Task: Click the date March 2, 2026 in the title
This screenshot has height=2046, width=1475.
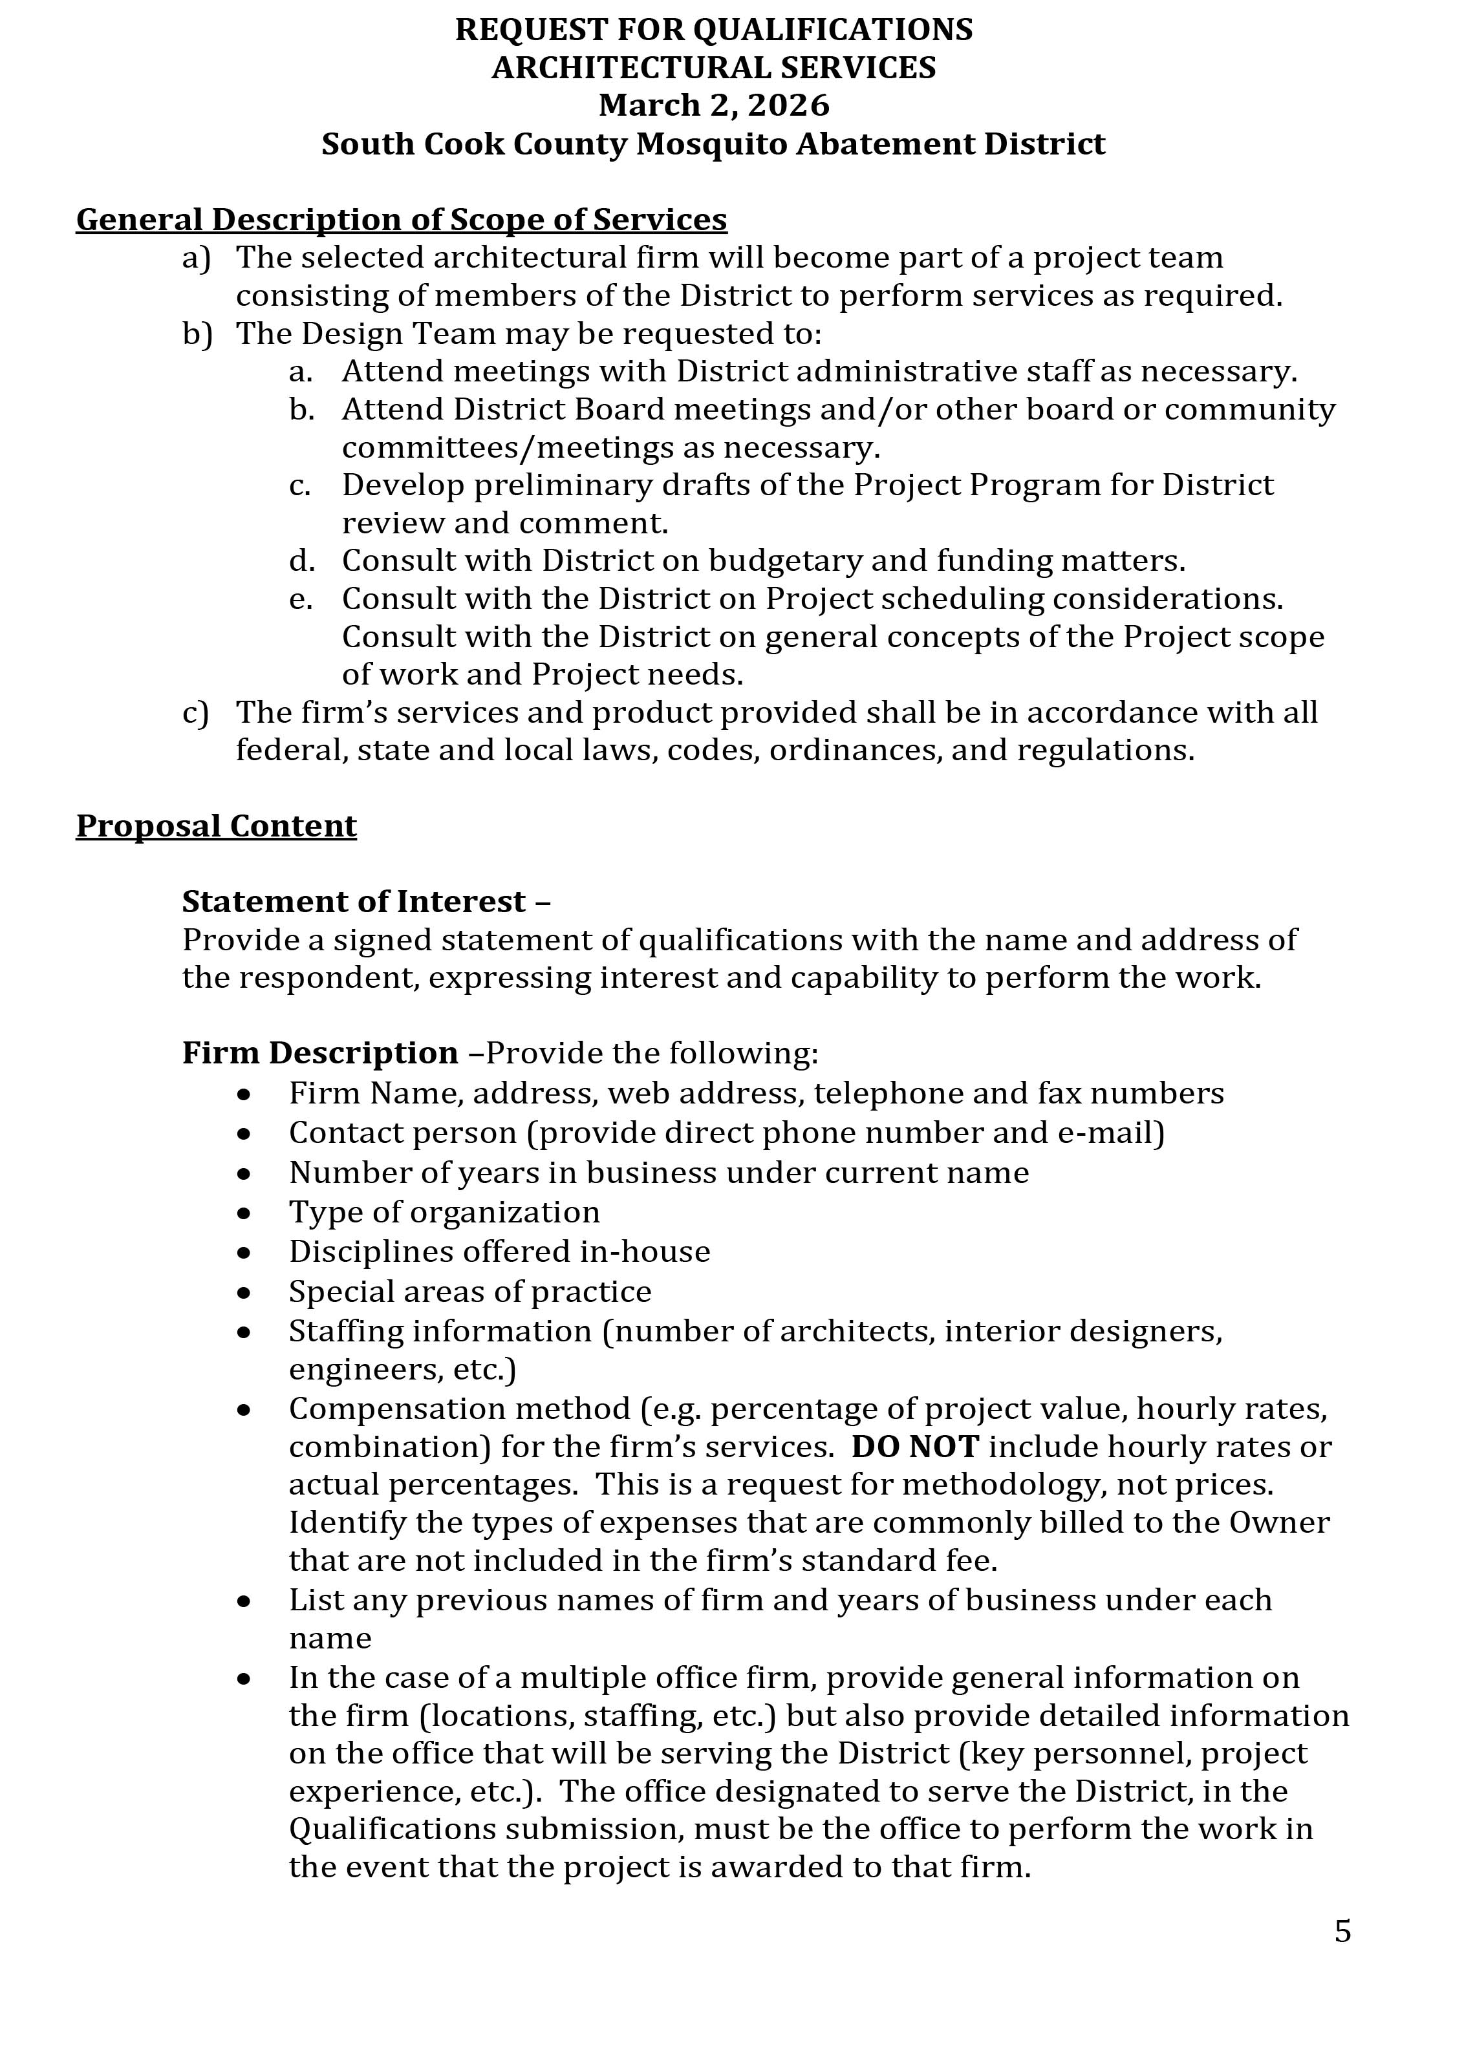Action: (x=714, y=105)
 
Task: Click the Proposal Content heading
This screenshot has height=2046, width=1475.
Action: (x=217, y=826)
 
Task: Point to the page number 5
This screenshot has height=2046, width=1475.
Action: (x=1342, y=1932)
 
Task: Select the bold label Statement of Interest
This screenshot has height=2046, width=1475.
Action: (x=354, y=901)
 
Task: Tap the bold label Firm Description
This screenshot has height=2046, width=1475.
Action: (x=320, y=1053)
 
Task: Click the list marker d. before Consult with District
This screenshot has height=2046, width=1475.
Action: (x=302, y=561)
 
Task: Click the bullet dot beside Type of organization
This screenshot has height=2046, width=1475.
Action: (x=244, y=1213)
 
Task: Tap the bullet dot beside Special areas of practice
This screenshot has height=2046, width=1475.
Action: (x=244, y=1293)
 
